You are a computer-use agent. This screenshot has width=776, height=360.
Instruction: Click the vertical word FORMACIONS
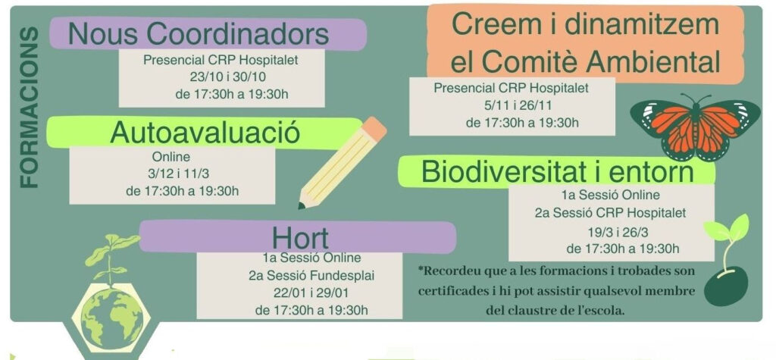pos(28,108)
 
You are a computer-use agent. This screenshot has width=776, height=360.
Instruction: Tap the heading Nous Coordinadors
pos(199,33)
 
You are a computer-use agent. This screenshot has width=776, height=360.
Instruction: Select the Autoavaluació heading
pos(205,132)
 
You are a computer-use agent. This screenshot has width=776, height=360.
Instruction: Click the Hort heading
pos(300,237)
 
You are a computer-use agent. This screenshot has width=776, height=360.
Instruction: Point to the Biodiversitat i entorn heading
pos(557,171)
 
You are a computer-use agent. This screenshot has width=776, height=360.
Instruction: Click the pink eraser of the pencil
pos(374,129)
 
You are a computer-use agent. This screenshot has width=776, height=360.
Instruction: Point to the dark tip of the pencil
pos(302,205)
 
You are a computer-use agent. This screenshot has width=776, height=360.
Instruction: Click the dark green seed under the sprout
pos(725,286)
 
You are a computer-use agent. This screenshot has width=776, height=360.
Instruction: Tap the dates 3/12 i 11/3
pos(171,174)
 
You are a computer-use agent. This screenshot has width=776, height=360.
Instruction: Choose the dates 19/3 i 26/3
pos(622,230)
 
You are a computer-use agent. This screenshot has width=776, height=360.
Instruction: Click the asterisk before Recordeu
pos(421,271)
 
